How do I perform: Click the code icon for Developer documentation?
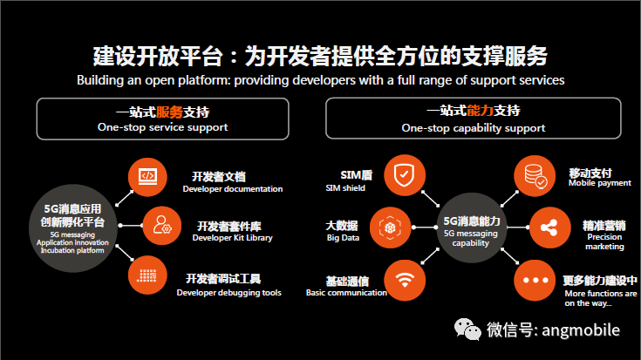click(x=147, y=177)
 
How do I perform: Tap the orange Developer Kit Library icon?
click(x=162, y=226)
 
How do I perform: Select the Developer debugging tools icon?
click(x=147, y=275)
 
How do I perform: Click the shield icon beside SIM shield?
click(x=405, y=175)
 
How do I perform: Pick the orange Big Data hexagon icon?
click(x=390, y=228)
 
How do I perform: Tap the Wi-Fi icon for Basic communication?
click(x=405, y=281)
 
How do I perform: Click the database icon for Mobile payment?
click(x=535, y=176)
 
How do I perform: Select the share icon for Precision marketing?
click(x=549, y=228)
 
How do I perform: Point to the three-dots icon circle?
click(x=535, y=281)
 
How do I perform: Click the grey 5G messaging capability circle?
click(x=472, y=228)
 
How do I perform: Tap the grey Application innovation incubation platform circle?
click(x=73, y=228)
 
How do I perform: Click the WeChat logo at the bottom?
click(x=467, y=329)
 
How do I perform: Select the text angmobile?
click(x=581, y=330)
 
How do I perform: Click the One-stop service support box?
click(x=163, y=119)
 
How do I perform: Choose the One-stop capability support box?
click(x=474, y=119)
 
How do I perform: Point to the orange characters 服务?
click(x=169, y=112)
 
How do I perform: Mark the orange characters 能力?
click(x=480, y=111)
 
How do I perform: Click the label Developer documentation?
click(x=233, y=189)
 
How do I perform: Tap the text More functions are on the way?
click(x=601, y=298)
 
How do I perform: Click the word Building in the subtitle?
click(x=100, y=80)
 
